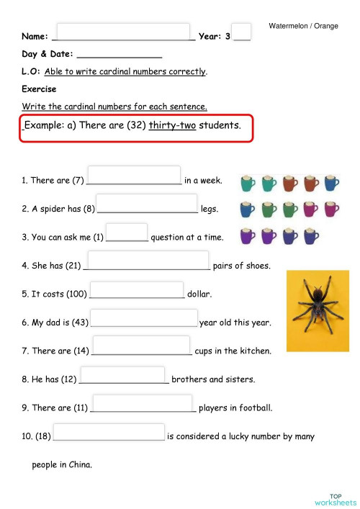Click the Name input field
pyautogui.click(x=122, y=32)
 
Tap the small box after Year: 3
pyautogui.click(x=242, y=32)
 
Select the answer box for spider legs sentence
pyautogui.click(x=146, y=204)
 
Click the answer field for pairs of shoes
pyautogui.click(x=148, y=261)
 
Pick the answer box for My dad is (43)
pyautogui.click(x=143, y=317)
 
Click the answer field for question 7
pyautogui.click(x=141, y=346)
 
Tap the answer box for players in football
pyautogui.click(x=142, y=403)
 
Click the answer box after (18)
pyautogui.click(x=109, y=432)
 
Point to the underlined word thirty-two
pyautogui.click(x=172, y=125)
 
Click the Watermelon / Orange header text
pyautogui.click(x=303, y=26)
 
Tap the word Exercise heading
pyautogui.click(x=39, y=89)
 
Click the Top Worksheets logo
pyautogui.click(x=335, y=499)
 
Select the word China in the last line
pyautogui.click(x=78, y=465)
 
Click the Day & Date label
pyautogui.click(x=46, y=54)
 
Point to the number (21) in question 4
pyautogui.click(x=72, y=266)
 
